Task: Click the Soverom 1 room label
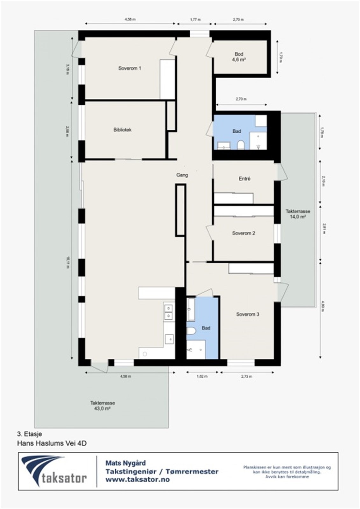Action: (x=130, y=68)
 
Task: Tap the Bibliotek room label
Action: (x=122, y=130)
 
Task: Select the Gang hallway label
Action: (x=182, y=175)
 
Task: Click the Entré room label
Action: (x=244, y=179)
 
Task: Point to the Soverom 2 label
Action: (x=244, y=233)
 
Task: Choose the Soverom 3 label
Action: (x=247, y=314)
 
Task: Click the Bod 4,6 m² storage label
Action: (x=239, y=57)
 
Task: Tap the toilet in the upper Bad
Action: (x=241, y=145)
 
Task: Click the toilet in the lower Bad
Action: (x=191, y=331)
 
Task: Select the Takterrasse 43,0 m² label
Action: (x=102, y=406)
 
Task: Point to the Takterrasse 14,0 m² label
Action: (x=298, y=214)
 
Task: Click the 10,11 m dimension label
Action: (x=67, y=263)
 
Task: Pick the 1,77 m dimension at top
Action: (x=195, y=19)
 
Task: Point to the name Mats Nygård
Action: (x=125, y=463)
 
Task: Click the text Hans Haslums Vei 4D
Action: (x=52, y=443)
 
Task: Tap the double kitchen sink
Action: (x=168, y=312)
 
